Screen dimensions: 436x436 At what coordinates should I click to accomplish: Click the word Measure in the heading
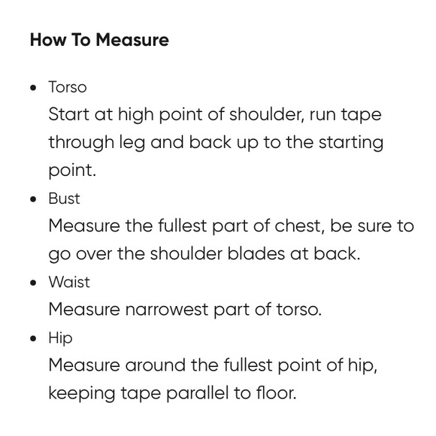[132, 40]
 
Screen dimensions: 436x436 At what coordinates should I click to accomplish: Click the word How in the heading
[48, 40]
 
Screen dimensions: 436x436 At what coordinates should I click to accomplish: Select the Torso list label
[68, 87]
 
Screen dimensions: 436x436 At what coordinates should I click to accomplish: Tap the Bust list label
[64, 198]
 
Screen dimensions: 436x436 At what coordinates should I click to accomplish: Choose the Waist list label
[69, 282]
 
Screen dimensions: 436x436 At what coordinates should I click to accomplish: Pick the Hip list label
[60, 339]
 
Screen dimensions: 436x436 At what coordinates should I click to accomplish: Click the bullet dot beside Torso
[33, 88]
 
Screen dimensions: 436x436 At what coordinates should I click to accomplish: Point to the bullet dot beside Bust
[33, 199]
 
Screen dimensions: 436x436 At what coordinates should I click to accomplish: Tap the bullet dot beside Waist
[33, 283]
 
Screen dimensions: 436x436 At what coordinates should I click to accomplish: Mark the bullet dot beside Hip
[33, 338]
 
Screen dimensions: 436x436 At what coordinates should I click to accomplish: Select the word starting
[351, 144]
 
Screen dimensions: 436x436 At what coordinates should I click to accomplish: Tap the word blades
[256, 253]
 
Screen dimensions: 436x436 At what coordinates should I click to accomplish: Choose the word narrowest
[167, 310]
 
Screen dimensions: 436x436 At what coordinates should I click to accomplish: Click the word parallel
[197, 394]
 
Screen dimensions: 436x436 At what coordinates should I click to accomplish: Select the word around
[156, 365]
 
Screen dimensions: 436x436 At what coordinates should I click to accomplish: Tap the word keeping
[82, 394]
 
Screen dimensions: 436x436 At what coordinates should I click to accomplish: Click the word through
[81, 144]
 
